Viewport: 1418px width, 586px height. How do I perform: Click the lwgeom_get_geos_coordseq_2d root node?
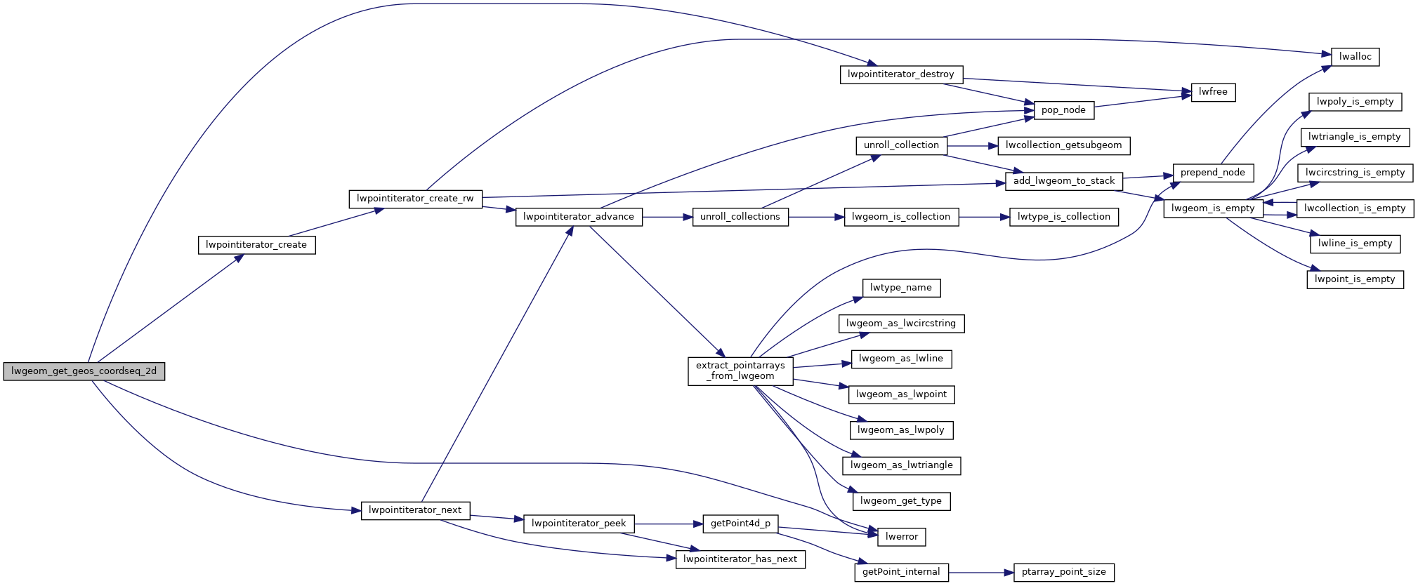[x=84, y=371]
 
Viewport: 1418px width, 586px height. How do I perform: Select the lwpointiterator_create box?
[x=256, y=245]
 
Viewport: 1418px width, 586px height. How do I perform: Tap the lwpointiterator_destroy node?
[x=901, y=74]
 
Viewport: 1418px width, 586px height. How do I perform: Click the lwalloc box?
[x=1355, y=57]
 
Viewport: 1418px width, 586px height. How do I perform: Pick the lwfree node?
[x=1213, y=92]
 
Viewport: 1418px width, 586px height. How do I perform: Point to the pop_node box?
[x=1063, y=110]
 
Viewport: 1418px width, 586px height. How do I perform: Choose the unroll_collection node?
[x=901, y=145]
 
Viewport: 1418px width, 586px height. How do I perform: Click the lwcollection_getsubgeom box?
[x=1063, y=145]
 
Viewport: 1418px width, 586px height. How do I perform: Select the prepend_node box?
[x=1212, y=173]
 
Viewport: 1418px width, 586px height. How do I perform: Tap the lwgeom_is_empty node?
[x=1213, y=208]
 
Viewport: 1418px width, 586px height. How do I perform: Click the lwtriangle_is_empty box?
[x=1354, y=137]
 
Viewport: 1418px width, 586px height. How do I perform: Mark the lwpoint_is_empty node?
[x=1355, y=279]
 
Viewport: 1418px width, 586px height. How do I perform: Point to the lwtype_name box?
[x=901, y=288]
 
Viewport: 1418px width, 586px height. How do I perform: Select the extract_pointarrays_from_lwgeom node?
[x=740, y=371]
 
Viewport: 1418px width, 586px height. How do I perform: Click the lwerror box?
[x=902, y=537]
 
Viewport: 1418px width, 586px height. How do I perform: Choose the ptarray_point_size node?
[x=1063, y=573]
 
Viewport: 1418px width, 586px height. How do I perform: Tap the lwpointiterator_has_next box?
[x=740, y=559]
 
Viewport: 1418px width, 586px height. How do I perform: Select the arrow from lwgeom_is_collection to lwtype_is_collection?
[x=983, y=217]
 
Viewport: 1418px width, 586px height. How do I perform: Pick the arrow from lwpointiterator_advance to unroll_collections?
[x=667, y=217]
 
